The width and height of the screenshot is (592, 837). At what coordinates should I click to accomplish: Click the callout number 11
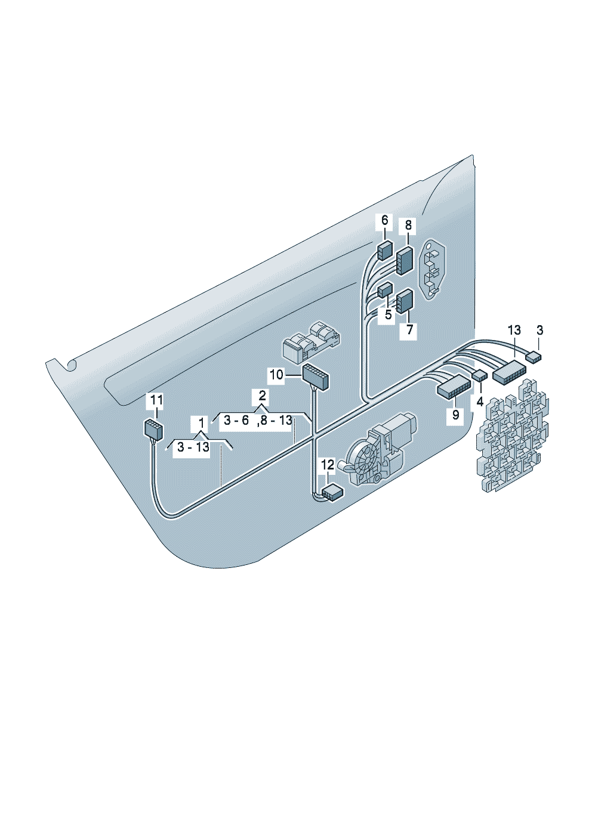[156, 400]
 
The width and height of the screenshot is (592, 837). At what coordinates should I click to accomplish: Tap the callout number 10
[276, 375]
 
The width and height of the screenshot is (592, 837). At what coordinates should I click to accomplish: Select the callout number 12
[328, 465]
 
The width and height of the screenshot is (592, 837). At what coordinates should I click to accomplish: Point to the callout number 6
[384, 220]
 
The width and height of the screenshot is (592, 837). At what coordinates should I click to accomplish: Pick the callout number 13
[514, 330]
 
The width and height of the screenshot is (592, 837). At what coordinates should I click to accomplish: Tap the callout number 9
[455, 414]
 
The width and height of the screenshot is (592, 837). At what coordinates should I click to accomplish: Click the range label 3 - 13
[193, 447]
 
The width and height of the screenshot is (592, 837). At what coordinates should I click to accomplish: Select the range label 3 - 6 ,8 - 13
[258, 421]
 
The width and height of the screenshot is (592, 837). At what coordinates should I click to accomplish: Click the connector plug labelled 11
[153, 430]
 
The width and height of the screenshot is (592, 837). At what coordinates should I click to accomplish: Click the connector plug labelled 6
[385, 250]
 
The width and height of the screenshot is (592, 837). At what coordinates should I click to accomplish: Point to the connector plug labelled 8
[405, 261]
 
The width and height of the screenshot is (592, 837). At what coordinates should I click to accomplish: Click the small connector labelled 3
[534, 357]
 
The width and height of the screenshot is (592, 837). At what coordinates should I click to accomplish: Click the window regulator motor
[378, 449]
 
